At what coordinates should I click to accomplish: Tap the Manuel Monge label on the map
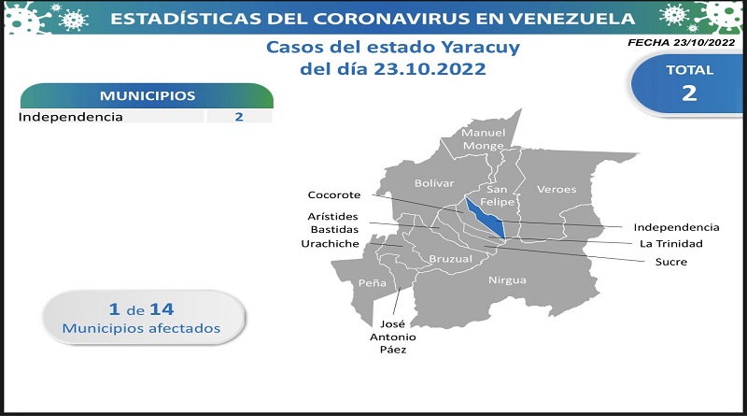[483, 139]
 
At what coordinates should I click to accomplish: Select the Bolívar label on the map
[434, 182]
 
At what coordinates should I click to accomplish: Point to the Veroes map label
[557, 189]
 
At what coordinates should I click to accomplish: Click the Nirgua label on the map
[507, 280]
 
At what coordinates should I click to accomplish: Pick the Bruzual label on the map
[451, 259]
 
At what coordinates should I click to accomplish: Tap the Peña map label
[372, 282]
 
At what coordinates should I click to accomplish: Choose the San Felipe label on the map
[497, 195]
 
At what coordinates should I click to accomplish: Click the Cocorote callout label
[334, 194]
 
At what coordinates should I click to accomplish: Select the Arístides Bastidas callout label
[333, 222]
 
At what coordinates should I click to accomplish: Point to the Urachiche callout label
[331, 243]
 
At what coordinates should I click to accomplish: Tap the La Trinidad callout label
[671, 243]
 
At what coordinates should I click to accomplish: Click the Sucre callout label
[671, 262]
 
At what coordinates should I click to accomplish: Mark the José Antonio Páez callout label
[392, 337]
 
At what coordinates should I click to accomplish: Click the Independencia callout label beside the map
[676, 227]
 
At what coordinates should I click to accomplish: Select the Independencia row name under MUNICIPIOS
[71, 117]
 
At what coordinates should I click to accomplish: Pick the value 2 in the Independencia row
[239, 117]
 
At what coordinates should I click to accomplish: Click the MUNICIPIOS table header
[148, 95]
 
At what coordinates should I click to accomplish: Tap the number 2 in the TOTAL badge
[689, 93]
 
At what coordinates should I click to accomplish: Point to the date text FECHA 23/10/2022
[682, 42]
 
